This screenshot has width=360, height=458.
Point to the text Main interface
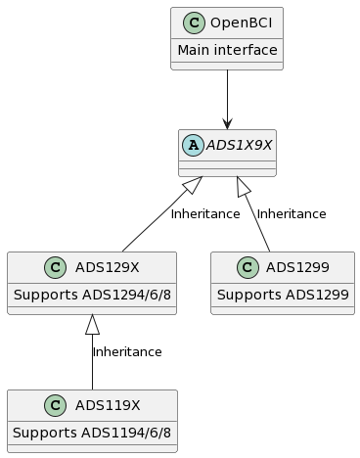pos(227,50)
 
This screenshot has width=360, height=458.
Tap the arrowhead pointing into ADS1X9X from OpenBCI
pos(227,122)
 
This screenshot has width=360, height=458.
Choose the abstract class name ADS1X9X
pos(240,145)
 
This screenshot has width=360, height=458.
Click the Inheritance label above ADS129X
pos(204,213)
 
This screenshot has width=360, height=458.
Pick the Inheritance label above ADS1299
pos(292,213)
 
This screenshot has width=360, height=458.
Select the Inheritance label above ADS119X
pos(127,351)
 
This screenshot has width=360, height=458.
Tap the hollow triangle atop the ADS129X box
pos(92,323)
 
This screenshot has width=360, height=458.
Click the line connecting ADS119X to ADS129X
pos(92,367)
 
